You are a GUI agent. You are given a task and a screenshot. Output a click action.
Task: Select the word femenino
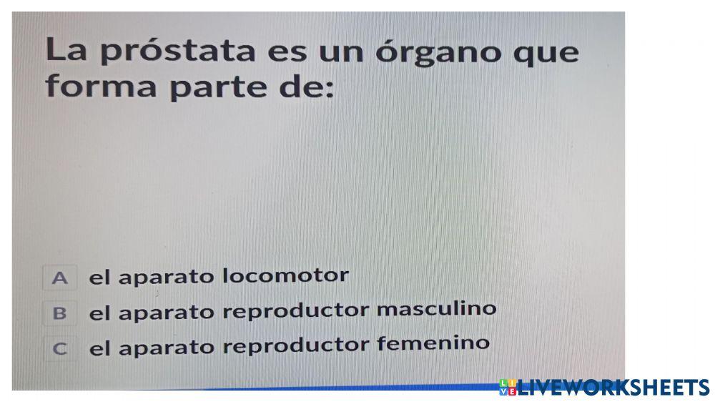coord(433,343)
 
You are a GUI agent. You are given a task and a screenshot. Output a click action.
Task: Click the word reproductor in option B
coord(297,311)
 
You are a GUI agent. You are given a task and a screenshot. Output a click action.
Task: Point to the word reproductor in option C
coord(297,346)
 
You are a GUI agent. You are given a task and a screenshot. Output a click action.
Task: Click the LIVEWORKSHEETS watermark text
coord(613,388)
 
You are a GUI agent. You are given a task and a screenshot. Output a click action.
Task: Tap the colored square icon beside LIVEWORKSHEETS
coord(508,388)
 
